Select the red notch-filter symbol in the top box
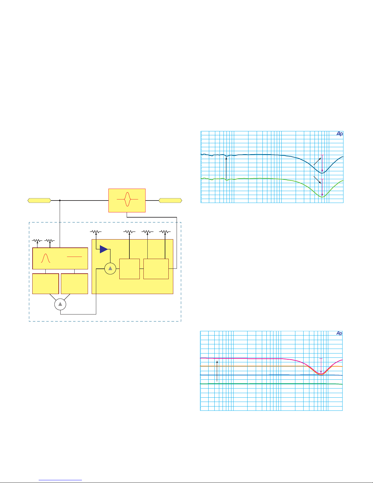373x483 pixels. click(x=128, y=199)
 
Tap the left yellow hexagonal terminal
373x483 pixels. click(x=39, y=201)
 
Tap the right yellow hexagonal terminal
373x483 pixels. click(x=170, y=201)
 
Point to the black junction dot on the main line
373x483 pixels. click(x=60, y=201)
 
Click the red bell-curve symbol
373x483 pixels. click(x=45, y=258)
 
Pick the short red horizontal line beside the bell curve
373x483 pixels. click(x=74, y=257)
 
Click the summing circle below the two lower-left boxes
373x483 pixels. click(x=60, y=304)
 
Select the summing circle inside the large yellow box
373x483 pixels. click(x=110, y=268)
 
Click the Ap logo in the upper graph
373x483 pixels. click(x=340, y=133)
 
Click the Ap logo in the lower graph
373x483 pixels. click(x=339, y=333)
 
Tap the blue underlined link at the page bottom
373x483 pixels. click(x=60, y=480)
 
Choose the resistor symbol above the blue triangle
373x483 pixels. click(x=96, y=232)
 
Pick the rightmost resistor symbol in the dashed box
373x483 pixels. click(x=165, y=232)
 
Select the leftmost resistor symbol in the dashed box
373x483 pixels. click(x=37, y=241)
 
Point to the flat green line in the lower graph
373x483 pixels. click(x=271, y=384)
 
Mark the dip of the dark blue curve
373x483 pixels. click(x=322, y=173)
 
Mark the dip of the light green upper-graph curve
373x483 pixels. click(x=322, y=197)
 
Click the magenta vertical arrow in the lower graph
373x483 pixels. click(x=321, y=366)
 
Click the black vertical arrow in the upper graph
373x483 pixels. click(x=226, y=168)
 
